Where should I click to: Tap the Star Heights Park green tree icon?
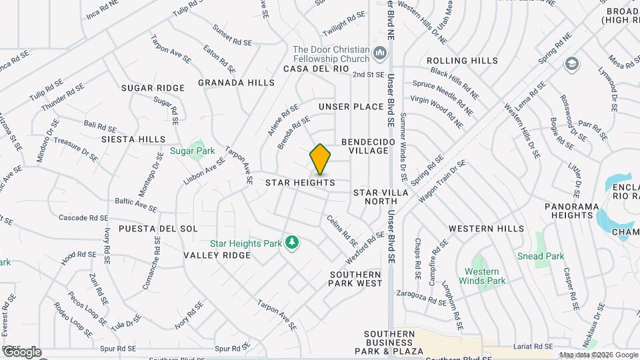pos(291,242)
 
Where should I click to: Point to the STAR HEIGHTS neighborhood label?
pos(299,182)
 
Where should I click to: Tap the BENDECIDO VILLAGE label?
pos(365,147)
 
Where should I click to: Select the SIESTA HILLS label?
pos(133,139)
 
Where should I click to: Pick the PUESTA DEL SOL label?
pos(158,229)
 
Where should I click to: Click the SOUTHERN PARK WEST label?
pos(355,279)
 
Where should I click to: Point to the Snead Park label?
pos(541,256)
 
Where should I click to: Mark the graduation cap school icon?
pos(571,63)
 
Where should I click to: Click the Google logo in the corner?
pos(21,352)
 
